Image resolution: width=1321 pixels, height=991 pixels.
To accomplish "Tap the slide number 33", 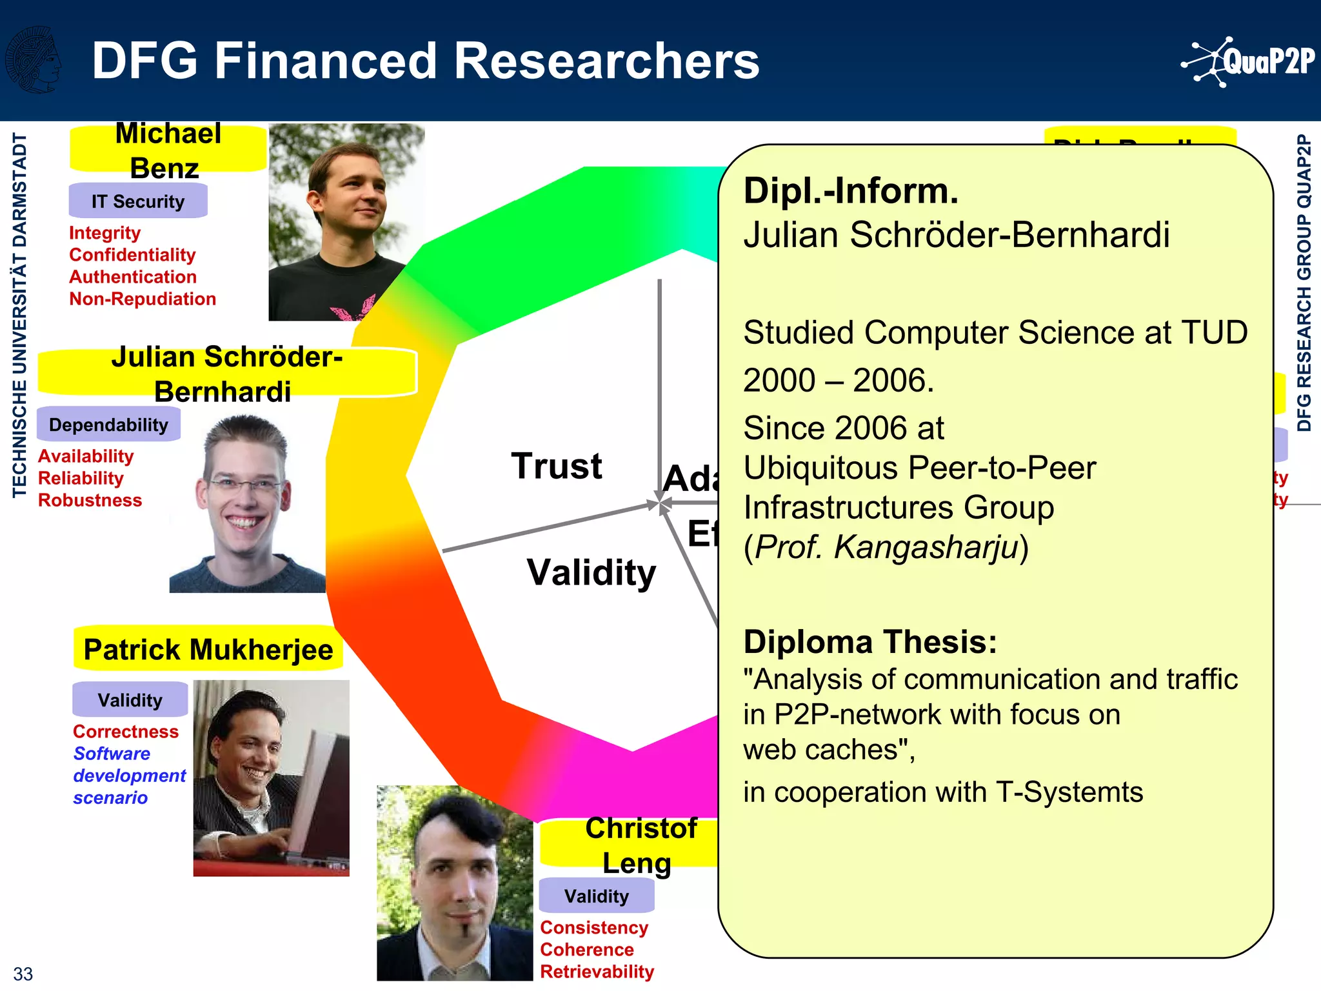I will [x=23, y=973].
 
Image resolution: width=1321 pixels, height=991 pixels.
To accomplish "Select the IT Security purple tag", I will [x=138, y=201].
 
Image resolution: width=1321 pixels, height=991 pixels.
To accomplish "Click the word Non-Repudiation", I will [x=143, y=299].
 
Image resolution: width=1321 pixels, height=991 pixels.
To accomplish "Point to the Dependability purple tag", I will [x=108, y=425].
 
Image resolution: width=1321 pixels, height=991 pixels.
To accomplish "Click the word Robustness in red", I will [x=90, y=500].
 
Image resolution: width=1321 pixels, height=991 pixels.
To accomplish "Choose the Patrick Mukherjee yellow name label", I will [x=208, y=649].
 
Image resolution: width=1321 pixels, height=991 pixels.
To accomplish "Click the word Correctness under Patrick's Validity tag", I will [x=126, y=731].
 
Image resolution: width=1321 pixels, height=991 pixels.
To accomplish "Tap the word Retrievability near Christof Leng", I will [x=597, y=971].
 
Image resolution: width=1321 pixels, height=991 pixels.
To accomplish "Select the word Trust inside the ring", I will [x=556, y=466].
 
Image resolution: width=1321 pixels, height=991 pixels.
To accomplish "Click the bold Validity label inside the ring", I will [x=591, y=572].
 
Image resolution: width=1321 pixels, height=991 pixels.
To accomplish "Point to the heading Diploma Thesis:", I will [x=869, y=642].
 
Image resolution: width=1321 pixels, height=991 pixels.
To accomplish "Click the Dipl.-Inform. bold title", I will [x=850, y=191].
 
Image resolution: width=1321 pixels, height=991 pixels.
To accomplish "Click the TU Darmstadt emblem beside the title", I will [x=32, y=60].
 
